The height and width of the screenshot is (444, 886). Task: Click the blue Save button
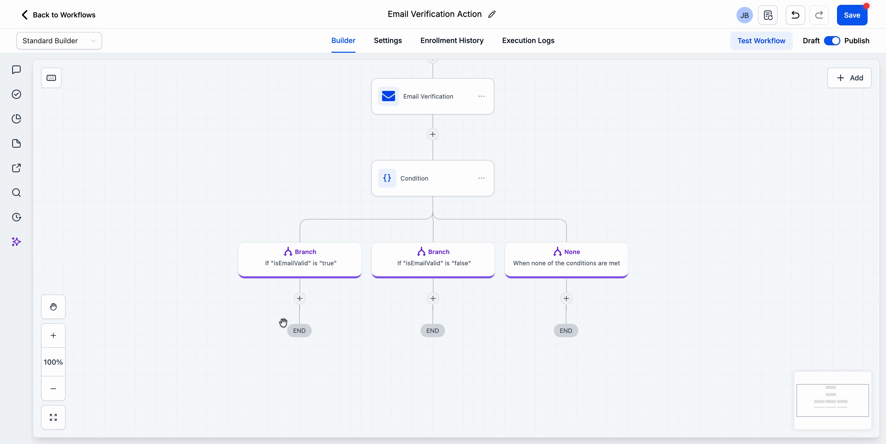click(x=852, y=15)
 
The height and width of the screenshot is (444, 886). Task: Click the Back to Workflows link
click(x=58, y=15)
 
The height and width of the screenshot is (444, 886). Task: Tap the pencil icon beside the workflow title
click(x=492, y=14)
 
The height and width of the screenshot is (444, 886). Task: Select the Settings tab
click(x=388, y=40)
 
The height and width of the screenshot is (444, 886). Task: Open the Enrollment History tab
click(x=452, y=40)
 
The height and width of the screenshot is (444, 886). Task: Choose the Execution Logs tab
click(x=528, y=40)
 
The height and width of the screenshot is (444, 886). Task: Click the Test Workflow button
click(x=761, y=40)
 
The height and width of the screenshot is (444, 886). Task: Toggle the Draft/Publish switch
click(x=832, y=40)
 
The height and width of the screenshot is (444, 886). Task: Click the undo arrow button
click(x=795, y=15)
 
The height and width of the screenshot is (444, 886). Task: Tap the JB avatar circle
click(x=744, y=15)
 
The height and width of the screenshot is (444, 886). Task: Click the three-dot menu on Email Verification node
click(x=481, y=96)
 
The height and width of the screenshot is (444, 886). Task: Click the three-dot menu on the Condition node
click(x=481, y=178)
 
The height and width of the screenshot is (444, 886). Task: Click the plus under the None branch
click(x=566, y=298)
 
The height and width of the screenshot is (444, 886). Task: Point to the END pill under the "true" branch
click(x=299, y=331)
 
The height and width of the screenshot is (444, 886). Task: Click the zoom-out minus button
click(x=53, y=389)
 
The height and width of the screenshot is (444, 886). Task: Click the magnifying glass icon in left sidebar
click(x=16, y=193)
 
